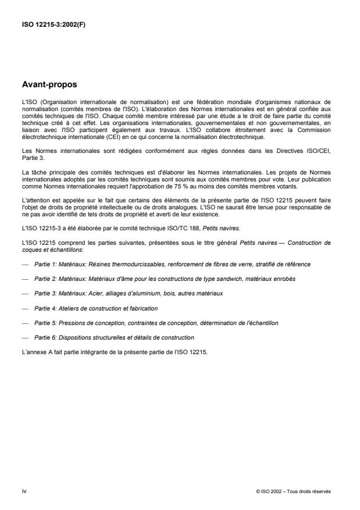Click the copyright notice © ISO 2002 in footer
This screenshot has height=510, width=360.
click(x=293, y=491)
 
